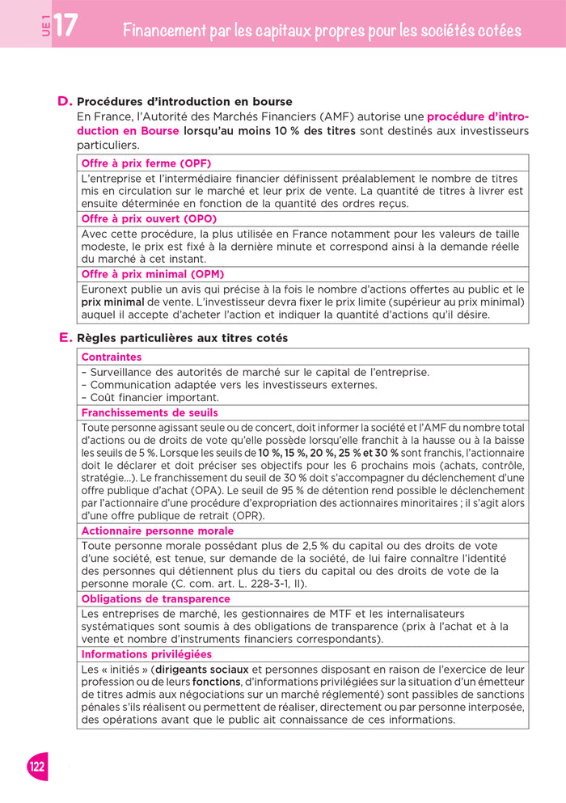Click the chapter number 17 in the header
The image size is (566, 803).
click(65, 26)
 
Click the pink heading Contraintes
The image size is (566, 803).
click(112, 357)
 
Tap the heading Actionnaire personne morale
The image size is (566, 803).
click(158, 530)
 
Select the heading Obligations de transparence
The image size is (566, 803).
click(155, 598)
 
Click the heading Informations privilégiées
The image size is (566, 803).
click(146, 654)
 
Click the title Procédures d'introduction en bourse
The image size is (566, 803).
click(184, 102)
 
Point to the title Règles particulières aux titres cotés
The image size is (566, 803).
click(182, 338)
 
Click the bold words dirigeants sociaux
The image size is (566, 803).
click(202, 670)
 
